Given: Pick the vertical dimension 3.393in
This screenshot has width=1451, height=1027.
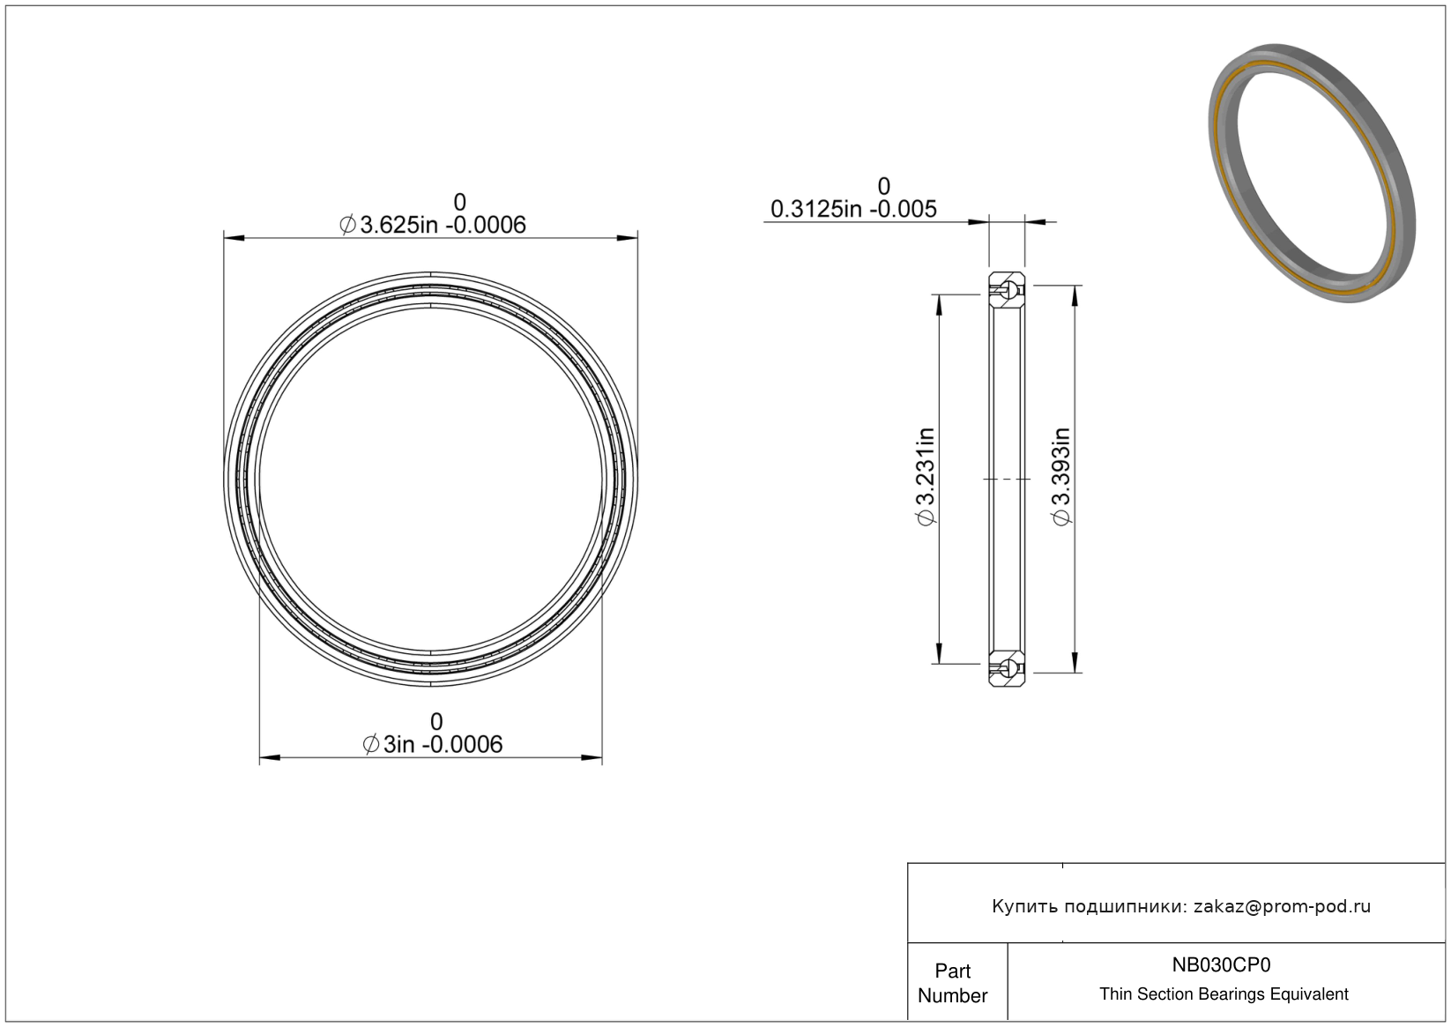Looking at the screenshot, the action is [x=1061, y=476].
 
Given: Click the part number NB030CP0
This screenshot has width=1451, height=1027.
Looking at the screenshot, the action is [x=1221, y=964].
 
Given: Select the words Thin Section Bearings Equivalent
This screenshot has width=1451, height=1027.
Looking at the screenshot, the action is [x=1224, y=994].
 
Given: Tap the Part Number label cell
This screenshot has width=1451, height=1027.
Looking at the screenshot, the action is [x=953, y=983].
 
